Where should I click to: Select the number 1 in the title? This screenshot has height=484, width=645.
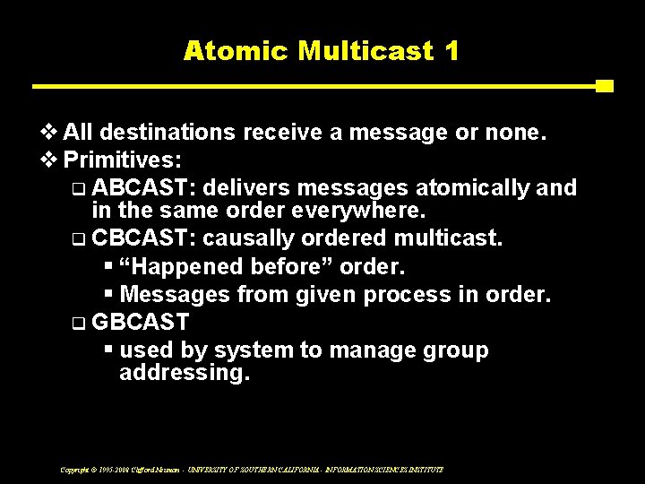[451, 50]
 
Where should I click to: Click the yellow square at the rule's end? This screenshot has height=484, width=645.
[605, 86]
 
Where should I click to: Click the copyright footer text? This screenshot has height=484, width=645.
[252, 469]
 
